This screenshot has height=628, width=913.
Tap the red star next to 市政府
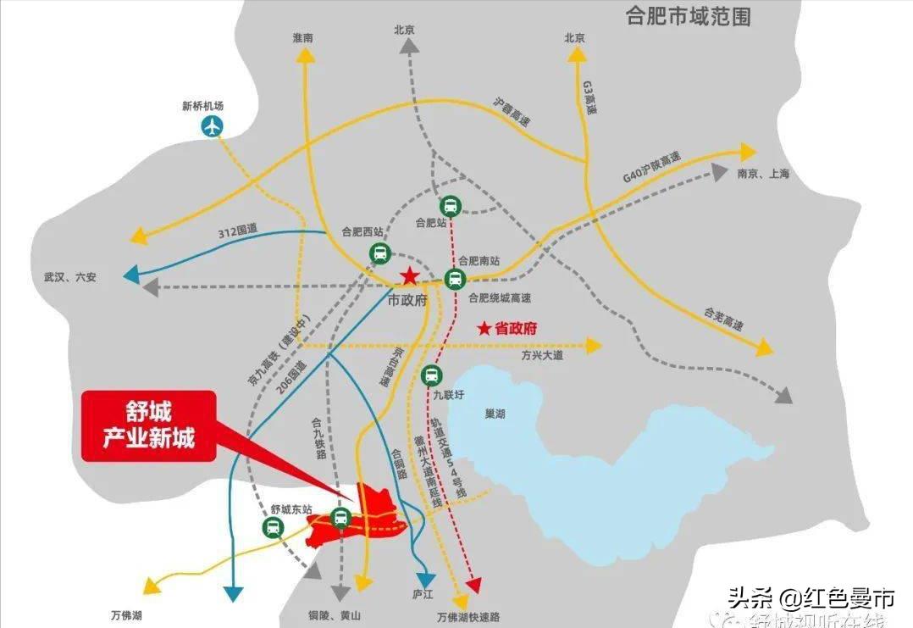[409, 275]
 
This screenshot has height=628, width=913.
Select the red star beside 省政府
[484, 329]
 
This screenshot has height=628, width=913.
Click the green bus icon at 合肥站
[450, 206]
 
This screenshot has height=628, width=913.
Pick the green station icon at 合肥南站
[455, 278]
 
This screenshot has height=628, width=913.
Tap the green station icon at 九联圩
[431, 374]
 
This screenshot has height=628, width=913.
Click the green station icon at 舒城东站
[273, 528]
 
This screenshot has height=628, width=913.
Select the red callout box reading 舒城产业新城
[148, 425]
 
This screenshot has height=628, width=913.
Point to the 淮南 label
[302, 38]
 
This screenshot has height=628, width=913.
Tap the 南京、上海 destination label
[763, 174]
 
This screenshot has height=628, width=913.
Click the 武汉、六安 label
[70, 277]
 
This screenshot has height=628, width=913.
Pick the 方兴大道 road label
[542, 356]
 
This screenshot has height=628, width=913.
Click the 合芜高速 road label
[723, 320]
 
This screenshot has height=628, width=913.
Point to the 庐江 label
[423, 594]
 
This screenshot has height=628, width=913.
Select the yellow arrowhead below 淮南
[304, 55]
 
